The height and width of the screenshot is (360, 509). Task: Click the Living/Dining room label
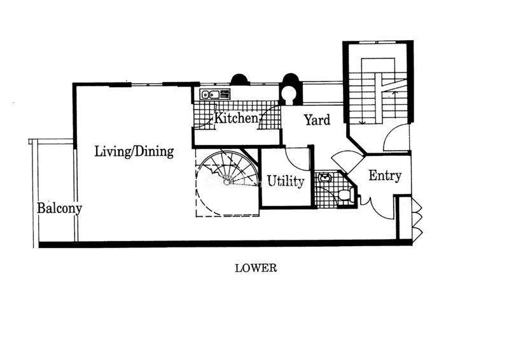(x=134, y=152)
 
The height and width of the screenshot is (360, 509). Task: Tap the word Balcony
(x=59, y=209)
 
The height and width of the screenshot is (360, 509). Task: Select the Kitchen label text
(x=236, y=118)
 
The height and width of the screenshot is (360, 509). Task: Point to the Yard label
(x=317, y=120)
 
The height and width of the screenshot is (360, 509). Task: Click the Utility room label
(x=286, y=181)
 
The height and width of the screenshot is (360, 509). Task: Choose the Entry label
(x=385, y=176)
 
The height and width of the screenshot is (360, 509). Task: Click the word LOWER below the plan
(x=256, y=268)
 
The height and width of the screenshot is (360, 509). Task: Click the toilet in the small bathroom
(x=346, y=195)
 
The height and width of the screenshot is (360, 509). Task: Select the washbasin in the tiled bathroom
(x=324, y=177)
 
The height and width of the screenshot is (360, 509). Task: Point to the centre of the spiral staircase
(x=228, y=179)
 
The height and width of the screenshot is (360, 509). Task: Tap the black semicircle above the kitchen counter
(x=240, y=80)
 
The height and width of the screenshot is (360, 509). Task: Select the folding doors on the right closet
(x=417, y=219)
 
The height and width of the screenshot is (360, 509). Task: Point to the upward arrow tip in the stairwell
(x=394, y=92)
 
